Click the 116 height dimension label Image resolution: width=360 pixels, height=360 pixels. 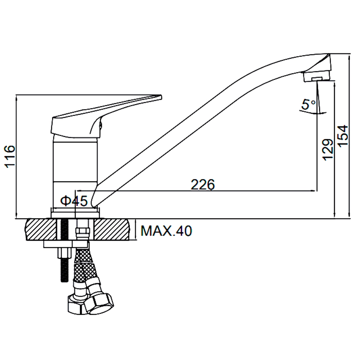(10, 156)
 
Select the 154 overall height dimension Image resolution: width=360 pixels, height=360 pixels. (343, 136)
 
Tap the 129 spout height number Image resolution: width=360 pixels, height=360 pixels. (328, 149)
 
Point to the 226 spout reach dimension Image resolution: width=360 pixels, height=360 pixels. (203, 184)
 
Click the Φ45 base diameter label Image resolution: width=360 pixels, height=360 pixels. (74, 201)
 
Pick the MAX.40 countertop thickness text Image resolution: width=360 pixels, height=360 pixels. (166, 231)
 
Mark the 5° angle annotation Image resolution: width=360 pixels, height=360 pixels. (309, 104)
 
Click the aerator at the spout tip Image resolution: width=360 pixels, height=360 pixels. (317, 77)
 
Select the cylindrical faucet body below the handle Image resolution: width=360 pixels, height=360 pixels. (75, 172)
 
